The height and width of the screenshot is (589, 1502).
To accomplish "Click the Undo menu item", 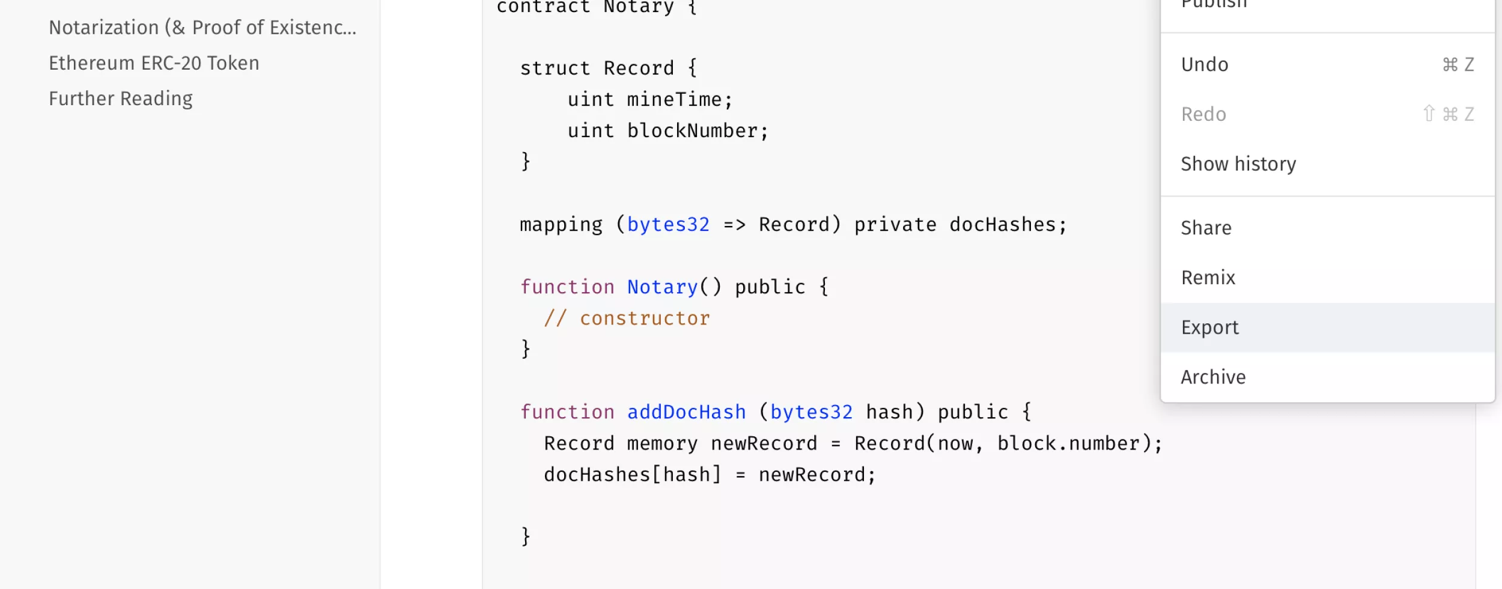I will (1205, 64).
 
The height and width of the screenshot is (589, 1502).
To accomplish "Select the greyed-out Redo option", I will (1203, 114).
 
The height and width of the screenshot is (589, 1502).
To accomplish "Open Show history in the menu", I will (1238, 164).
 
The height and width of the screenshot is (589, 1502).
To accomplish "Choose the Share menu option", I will (1206, 228).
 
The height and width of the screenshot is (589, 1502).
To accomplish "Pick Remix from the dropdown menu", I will (1208, 278).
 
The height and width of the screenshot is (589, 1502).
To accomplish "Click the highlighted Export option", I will (1209, 328).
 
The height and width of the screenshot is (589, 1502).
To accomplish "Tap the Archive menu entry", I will (1213, 377).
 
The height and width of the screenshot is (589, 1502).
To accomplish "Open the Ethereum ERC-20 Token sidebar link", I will (154, 63).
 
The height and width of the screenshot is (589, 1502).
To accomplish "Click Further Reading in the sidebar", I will (121, 99).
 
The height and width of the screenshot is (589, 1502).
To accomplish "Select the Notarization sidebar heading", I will (202, 28).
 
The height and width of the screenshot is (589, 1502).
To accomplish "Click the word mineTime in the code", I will (674, 100).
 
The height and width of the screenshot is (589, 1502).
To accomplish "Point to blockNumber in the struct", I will (692, 131).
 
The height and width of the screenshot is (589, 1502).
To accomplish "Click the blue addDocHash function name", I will (686, 412).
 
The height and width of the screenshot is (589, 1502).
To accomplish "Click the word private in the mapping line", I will (895, 225).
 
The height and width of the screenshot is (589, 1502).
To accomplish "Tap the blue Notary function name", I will (662, 287).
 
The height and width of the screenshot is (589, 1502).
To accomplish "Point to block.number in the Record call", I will (1068, 444).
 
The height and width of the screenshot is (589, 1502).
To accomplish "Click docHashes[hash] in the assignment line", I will (632, 475).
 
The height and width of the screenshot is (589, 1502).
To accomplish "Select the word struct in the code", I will (555, 69).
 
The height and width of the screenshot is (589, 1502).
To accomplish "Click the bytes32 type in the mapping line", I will (668, 225).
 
